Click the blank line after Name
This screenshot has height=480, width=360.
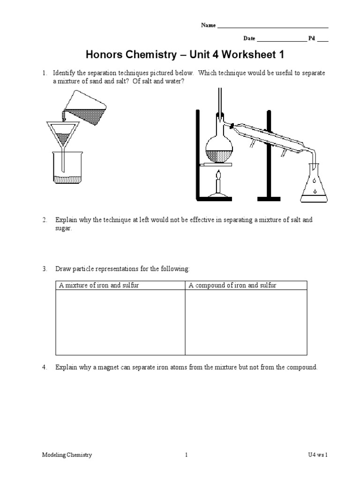coord(273,27)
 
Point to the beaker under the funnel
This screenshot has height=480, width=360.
coord(68,169)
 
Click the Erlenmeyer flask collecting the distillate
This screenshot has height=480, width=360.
coord(315,186)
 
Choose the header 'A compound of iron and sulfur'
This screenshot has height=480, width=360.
coord(232,285)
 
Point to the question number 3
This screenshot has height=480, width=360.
coord(44,269)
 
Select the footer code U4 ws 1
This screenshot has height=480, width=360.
coord(315,455)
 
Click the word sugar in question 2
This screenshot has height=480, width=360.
coord(63,228)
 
